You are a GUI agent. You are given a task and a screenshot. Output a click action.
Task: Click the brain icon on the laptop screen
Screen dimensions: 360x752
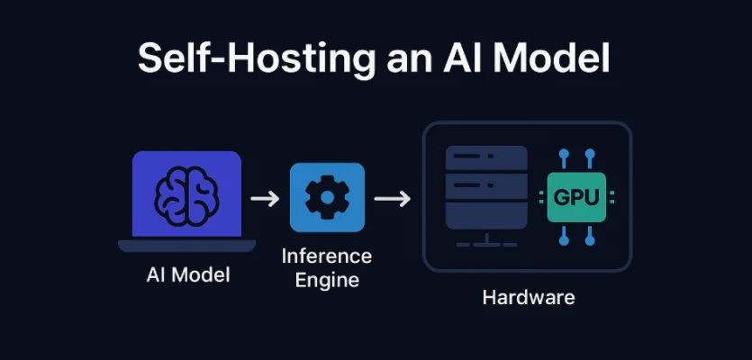[186, 193]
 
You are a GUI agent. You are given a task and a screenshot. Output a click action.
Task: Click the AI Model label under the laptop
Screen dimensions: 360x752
[187, 274]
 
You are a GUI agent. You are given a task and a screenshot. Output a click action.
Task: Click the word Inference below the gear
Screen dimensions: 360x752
[326, 256]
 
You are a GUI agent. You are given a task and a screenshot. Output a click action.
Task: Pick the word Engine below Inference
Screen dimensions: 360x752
[326, 280]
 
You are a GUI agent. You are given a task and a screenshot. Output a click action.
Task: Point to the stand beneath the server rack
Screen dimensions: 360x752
[486, 241]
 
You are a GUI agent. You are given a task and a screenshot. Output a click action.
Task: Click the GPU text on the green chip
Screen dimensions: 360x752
[575, 198]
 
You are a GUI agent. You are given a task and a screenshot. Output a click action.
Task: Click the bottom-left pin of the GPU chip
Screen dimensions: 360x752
[563, 236]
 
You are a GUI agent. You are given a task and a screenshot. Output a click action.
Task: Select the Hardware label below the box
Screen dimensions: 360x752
[528, 297]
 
